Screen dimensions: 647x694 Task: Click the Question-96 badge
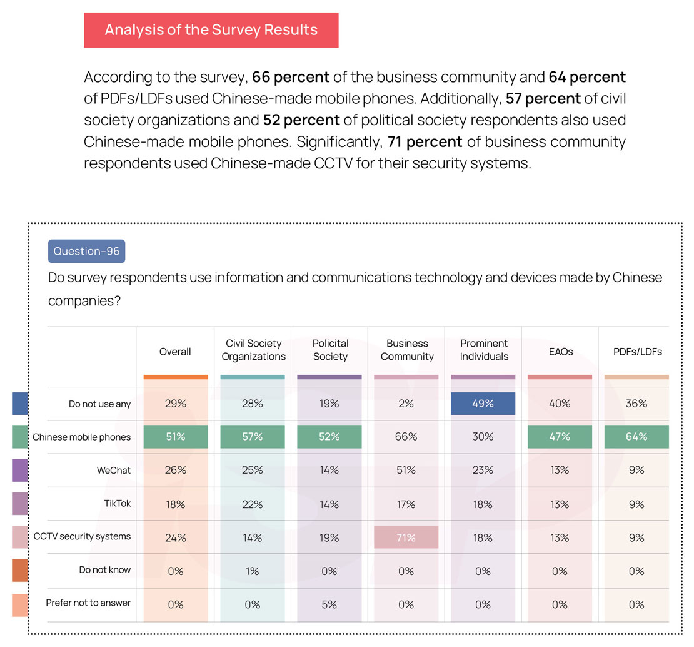[86, 251]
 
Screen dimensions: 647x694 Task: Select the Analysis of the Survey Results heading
[211, 30]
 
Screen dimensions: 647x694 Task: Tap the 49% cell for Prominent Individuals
[483, 404]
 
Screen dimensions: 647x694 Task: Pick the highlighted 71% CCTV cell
[406, 537]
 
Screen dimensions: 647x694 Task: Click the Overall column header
[175, 352]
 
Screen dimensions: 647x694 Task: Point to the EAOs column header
[560, 352]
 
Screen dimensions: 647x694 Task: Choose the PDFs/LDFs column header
[636, 352]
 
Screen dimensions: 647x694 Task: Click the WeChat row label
[114, 470]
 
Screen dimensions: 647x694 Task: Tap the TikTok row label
[118, 503]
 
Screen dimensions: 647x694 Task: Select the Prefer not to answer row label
[88, 603]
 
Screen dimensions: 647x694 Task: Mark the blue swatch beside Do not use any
[20, 404]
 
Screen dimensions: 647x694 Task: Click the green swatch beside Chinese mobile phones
[20, 437]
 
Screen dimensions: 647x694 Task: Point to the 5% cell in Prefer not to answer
[329, 604]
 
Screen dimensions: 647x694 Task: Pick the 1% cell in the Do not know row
[253, 571]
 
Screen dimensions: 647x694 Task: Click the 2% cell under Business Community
[406, 404]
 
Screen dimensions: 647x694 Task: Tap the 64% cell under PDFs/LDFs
[636, 437]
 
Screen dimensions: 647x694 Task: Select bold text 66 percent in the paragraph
[291, 77]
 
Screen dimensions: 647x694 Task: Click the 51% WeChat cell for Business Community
[406, 470]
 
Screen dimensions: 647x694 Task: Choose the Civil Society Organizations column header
[253, 350]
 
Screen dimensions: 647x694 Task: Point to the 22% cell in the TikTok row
[253, 504]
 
